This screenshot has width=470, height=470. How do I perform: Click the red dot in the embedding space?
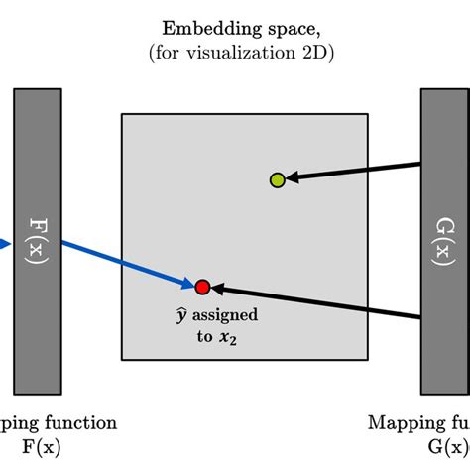(203, 288)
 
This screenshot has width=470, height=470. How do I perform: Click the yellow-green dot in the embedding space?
(278, 179)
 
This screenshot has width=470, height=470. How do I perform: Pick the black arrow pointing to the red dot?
(317, 302)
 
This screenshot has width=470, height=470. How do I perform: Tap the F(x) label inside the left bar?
(38, 237)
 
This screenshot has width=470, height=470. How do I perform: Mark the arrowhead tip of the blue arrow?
(192, 285)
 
